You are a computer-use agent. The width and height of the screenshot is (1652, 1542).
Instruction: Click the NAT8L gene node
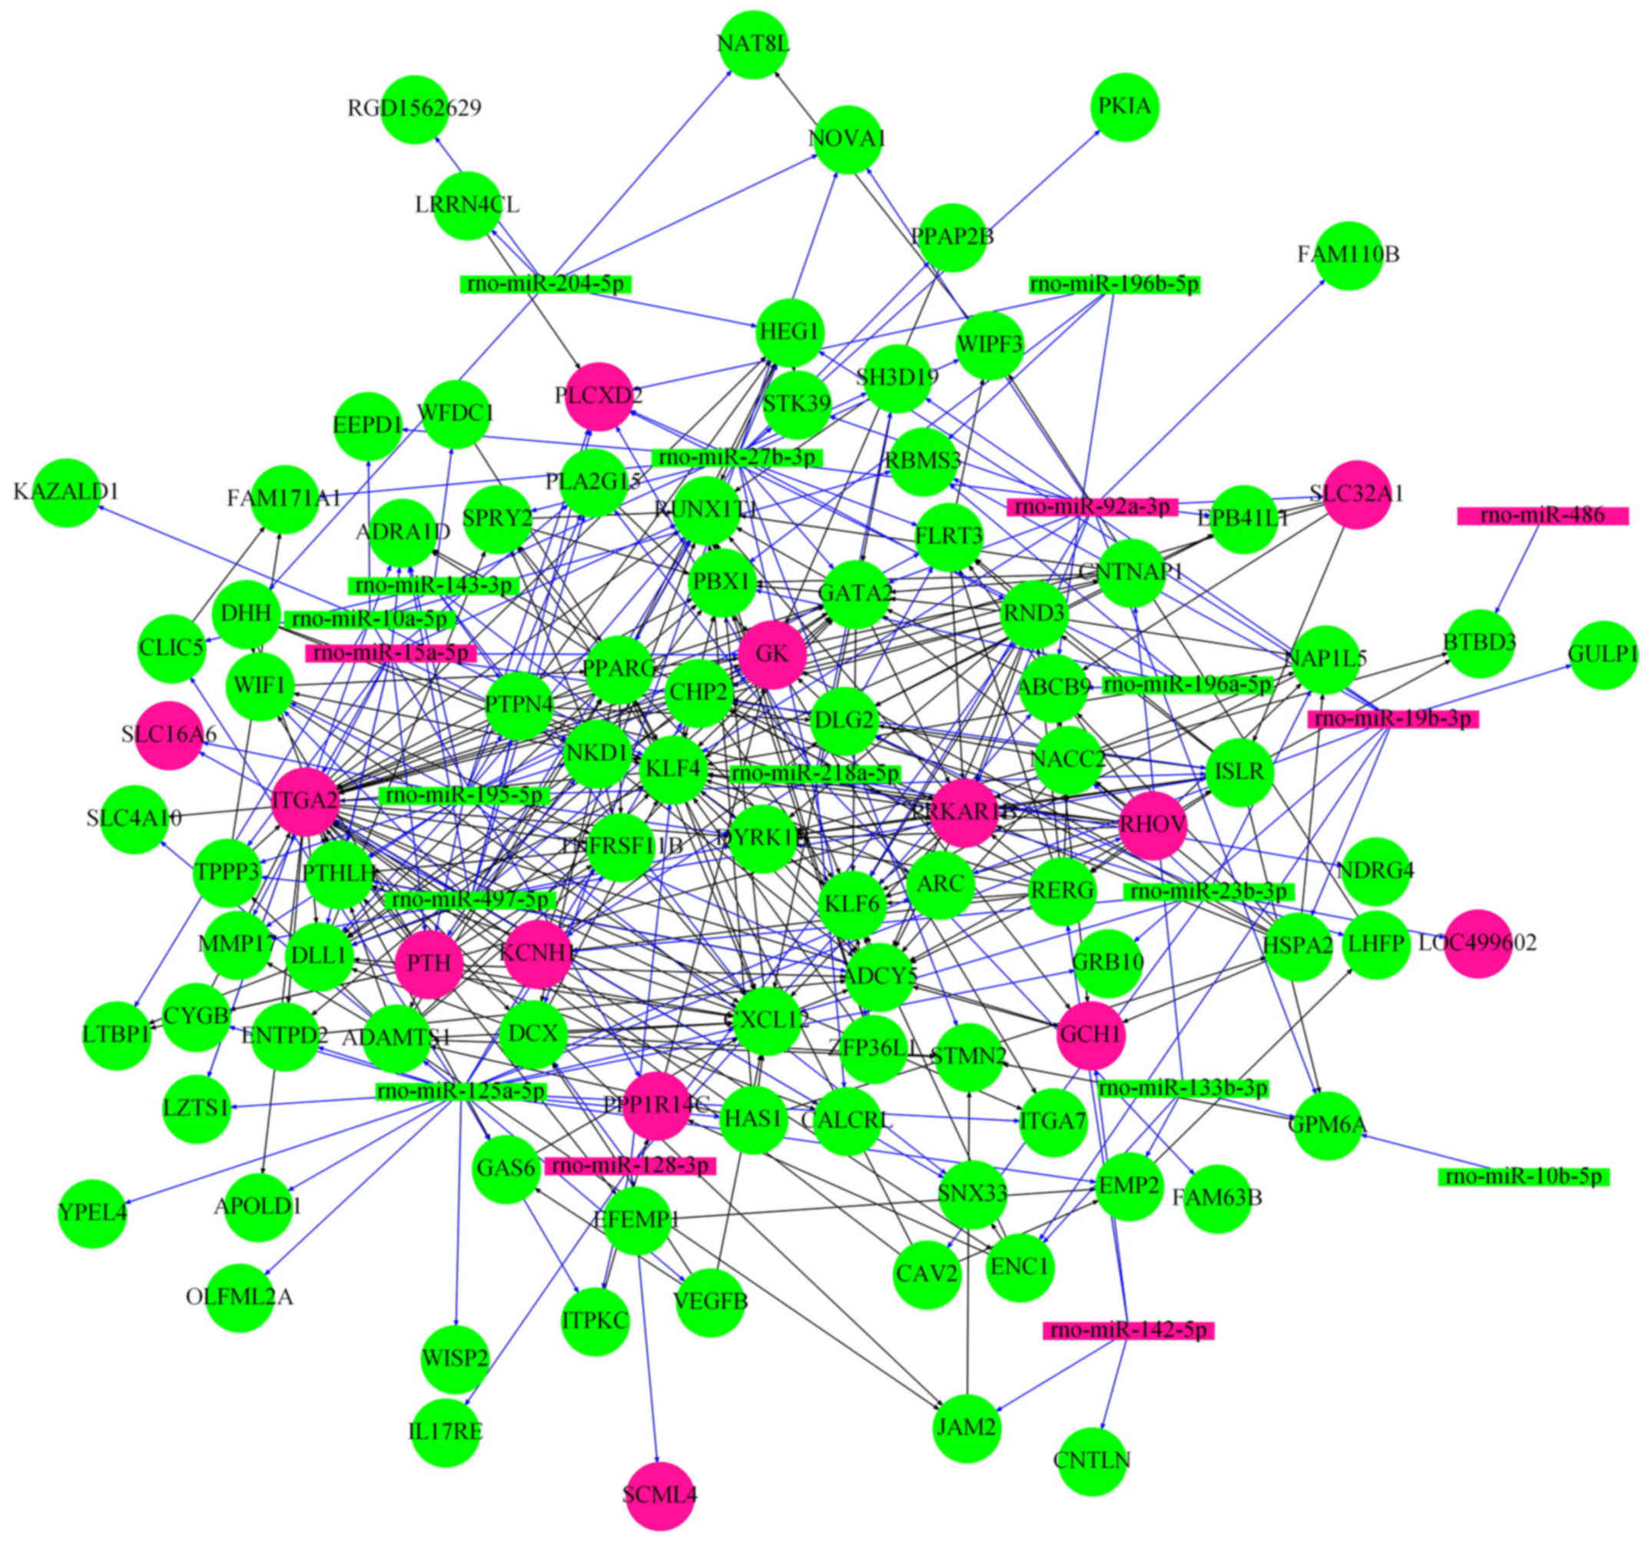(755, 44)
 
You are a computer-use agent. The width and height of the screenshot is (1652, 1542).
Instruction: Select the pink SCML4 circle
(659, 1495)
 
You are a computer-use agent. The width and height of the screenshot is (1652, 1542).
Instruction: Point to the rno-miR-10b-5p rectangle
(1524, 1177)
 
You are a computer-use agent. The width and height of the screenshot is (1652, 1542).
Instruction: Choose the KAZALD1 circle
(67, 492)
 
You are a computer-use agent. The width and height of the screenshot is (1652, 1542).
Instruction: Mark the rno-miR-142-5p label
(1129, 1331)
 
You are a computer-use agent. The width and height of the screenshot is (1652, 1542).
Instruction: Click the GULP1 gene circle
(1603, 655)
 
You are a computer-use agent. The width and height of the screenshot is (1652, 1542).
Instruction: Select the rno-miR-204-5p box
(545, 284)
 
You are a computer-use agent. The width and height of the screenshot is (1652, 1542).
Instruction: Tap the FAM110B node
(1348, 255)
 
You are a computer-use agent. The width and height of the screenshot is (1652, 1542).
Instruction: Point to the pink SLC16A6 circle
(169, 735)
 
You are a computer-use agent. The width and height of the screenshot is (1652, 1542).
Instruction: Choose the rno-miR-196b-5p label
(1114, 285)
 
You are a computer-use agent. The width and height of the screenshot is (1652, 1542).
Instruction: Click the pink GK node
(772, 655)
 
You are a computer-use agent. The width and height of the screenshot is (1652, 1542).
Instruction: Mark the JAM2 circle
(966, 1428)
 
